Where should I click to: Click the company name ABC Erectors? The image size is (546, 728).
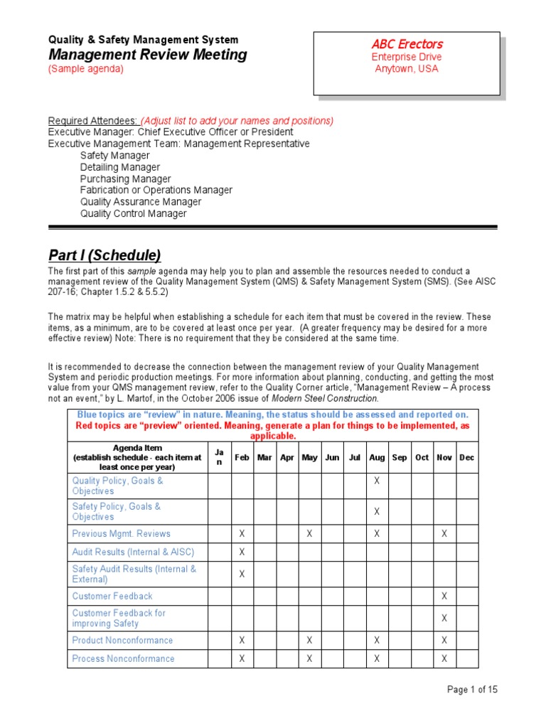407,44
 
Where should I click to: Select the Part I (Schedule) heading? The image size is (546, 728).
104,255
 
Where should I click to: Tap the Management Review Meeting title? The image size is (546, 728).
147,55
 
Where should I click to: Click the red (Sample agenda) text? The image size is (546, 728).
85,69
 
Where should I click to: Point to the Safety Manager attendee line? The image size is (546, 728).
114,156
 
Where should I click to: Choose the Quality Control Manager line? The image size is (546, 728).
133,213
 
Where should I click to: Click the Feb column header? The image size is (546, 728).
242,458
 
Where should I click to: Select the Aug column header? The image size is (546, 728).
377,458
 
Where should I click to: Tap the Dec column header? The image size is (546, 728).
466,458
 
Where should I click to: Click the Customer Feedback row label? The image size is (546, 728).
112,596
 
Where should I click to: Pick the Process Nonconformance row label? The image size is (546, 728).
123,658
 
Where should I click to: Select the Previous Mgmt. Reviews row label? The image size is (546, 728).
121,533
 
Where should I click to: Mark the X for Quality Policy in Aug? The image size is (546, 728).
377,481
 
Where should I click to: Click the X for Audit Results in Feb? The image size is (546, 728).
242,552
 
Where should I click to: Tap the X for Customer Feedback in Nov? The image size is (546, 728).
444,596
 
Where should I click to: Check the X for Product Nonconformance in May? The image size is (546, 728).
309,640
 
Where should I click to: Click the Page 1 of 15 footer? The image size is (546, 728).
472,690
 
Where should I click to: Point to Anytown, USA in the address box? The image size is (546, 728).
407,69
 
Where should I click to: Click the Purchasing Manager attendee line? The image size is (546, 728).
125,179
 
